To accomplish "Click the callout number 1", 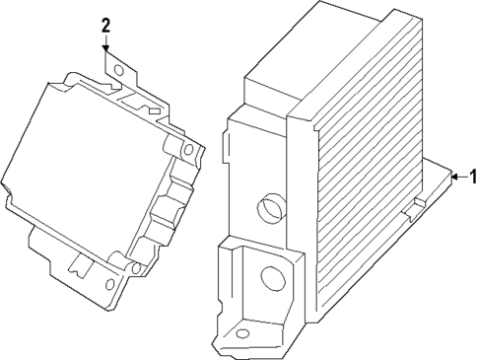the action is [471, 178].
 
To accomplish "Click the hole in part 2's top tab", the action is [119, 71].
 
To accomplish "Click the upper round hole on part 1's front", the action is [268, 207].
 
